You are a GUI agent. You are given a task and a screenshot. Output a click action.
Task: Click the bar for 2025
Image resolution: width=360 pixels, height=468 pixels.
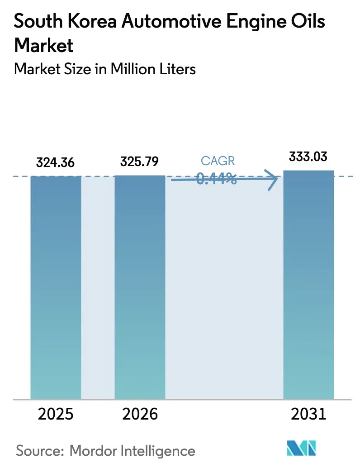56,287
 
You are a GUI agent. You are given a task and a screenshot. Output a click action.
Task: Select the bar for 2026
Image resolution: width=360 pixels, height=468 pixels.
140,287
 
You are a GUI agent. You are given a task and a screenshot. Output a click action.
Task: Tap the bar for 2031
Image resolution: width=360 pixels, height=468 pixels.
308,285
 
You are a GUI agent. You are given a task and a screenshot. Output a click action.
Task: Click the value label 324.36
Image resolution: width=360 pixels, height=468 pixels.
56,162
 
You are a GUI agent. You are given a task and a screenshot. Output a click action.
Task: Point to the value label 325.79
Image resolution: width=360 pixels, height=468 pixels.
140,161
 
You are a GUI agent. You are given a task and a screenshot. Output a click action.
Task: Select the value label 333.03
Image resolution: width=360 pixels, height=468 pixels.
308,157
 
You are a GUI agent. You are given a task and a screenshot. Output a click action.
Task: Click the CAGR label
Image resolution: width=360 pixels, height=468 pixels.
218,161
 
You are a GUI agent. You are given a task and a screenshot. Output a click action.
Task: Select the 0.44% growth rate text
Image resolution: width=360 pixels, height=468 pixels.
217,179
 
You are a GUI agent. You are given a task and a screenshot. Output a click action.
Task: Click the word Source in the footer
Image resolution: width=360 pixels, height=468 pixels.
40,450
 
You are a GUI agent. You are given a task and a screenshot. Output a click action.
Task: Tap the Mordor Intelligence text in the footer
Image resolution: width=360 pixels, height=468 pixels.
133,450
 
